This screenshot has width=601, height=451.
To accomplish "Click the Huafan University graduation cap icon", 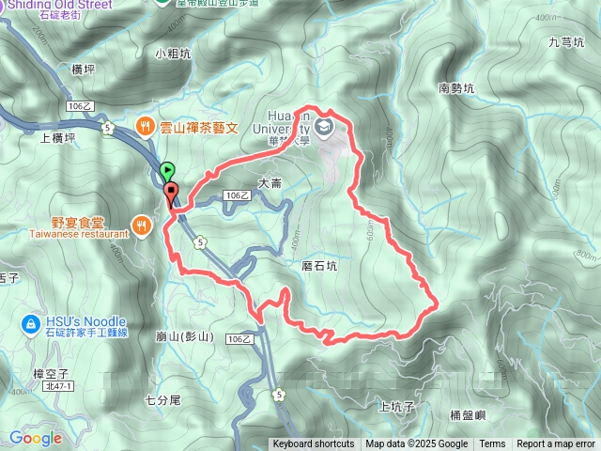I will point(325,125).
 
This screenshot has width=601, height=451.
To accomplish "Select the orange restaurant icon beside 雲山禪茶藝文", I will point(145,124).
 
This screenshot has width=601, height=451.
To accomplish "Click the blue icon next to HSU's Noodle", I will point(29,324).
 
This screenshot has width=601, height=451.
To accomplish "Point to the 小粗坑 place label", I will point(173,54).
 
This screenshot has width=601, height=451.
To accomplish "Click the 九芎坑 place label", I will point(566,42).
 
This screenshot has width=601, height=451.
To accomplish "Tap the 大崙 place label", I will point(270,183).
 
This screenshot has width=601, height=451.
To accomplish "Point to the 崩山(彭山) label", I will point(186,335).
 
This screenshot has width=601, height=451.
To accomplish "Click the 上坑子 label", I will point(396,407).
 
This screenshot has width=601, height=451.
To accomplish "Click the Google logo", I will point(36,438).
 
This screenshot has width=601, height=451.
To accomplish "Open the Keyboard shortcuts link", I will point(314,444).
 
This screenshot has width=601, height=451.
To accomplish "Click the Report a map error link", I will point(556,444).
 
